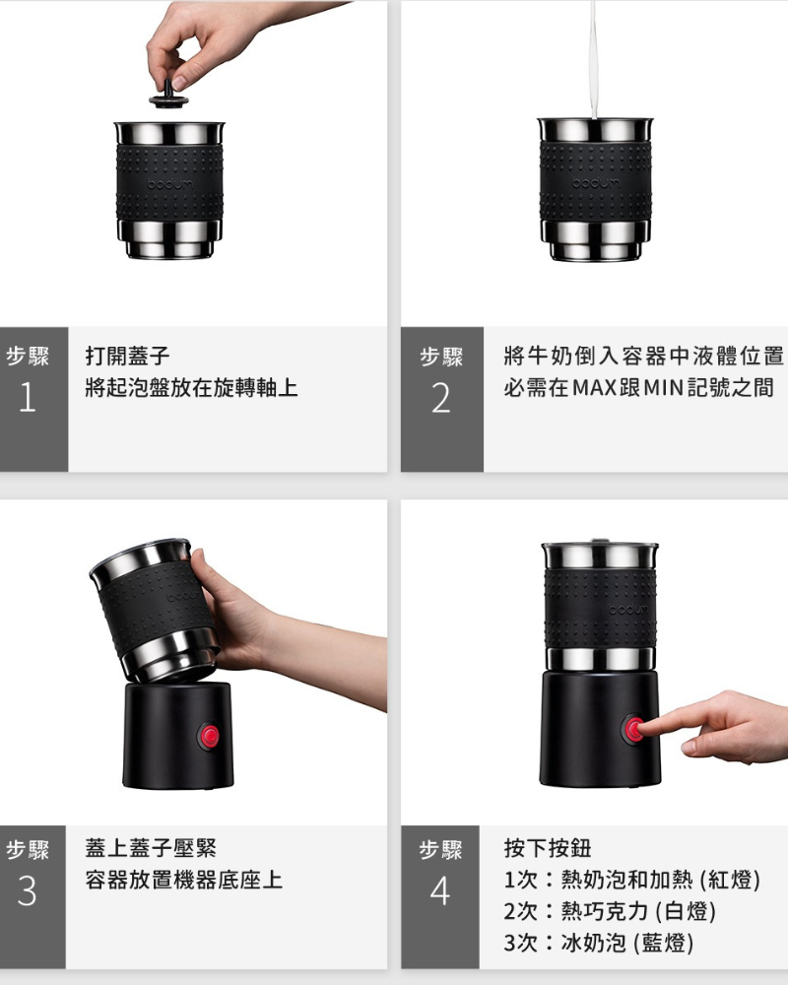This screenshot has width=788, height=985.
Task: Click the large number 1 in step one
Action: point(28,397)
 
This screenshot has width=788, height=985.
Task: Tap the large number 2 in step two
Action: point(441,398)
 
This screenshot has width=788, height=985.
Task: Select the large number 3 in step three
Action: point(27,890)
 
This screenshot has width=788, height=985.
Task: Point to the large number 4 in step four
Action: point(440,890)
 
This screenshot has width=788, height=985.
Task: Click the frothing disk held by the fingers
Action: point(168,97)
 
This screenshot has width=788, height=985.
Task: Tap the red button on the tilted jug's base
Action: point(209,736)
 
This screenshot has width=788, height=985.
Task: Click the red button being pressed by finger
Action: point(632,730)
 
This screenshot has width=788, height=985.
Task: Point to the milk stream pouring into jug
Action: point(594,60)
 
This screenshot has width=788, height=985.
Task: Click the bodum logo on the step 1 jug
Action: point(168,184)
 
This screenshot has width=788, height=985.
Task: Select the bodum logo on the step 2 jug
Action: point(595,183)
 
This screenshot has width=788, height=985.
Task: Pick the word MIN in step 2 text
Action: point(664,387)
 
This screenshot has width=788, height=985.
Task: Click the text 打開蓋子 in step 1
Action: point(128,357)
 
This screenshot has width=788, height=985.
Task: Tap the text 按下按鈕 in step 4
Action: point(548,848)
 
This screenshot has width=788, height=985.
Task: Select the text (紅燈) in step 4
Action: point(730,880)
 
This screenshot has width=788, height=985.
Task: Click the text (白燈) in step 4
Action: point(686,911)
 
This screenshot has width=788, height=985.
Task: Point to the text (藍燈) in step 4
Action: point(664,943)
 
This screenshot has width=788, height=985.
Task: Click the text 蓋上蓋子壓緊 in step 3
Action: point(151,848)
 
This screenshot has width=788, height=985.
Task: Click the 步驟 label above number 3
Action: point(27,849)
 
